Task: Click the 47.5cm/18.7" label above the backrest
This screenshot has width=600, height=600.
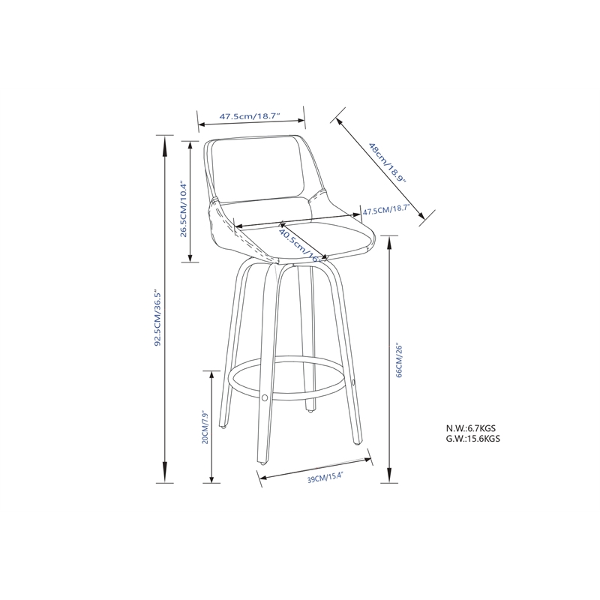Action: (x=250, y=117)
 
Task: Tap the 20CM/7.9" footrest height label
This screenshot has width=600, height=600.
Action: (x=204, y=427)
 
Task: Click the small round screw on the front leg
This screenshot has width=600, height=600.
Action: (x=264, y=395)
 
